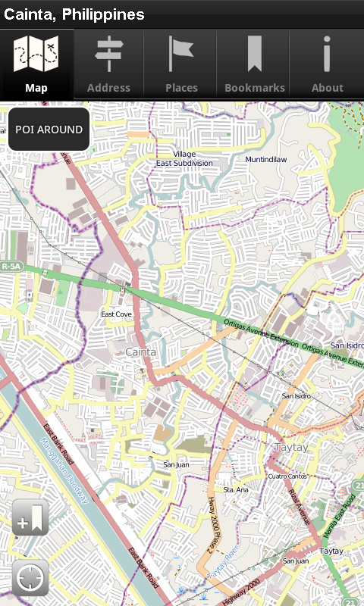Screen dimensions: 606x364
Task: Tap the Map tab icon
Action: (x=36, y=64)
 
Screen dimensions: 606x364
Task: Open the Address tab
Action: (x=108, y=64)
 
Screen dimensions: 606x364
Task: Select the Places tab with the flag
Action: (x=181, y=64)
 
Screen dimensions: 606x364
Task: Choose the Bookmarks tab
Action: (x=255, y=64)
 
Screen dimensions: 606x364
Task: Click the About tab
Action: (x=327, y=64)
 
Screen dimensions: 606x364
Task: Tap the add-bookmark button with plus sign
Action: (x=30, y=517)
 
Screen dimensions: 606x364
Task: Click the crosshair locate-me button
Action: (x=30, y=578)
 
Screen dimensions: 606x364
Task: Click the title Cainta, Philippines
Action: (x=74, y=14)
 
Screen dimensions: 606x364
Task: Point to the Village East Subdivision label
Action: (x=184, y=158)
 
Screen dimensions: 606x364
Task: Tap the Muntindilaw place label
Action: (x=266, y=160)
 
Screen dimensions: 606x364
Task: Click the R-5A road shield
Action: (x=12, y=267)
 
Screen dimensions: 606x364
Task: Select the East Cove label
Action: (x=116, y=314)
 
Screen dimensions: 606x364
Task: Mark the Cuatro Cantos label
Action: (x=287, y=476)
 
